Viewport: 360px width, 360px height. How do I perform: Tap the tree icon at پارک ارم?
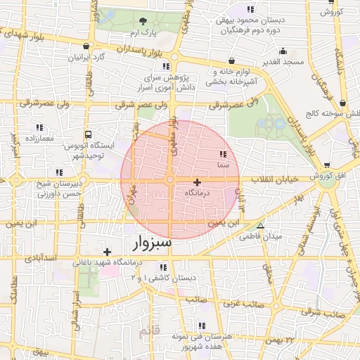click(143, 20)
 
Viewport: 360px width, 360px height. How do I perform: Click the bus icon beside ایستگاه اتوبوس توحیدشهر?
click(88, 134)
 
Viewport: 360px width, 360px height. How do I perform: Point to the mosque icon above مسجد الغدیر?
click(283, 51)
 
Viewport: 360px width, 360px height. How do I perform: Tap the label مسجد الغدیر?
click(283, 62)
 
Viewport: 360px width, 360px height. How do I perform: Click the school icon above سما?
click(223, 153)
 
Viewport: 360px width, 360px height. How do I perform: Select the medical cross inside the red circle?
click(196, 181)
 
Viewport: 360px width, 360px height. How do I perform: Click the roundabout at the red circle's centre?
click(171, 181)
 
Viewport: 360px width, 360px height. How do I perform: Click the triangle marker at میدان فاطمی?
click(260, 226)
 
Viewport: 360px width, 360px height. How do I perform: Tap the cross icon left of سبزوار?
click(106, 252)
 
